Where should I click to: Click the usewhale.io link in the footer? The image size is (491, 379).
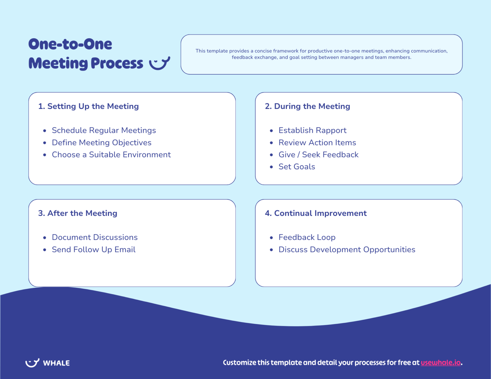click(440, 362)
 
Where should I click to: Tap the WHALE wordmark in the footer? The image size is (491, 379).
click(56, 363)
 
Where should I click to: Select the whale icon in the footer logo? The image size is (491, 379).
click(32, 362)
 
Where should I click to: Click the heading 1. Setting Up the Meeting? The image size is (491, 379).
click(89, 106)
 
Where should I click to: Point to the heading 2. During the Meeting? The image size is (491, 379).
click(308, 106)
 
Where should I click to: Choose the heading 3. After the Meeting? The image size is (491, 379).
click(78, 213)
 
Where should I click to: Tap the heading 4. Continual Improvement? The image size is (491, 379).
click(316, 213)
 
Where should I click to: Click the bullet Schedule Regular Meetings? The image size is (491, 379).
click(104, 130)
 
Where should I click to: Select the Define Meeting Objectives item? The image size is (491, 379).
click(102, 142)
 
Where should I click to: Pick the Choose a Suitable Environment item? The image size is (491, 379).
click(111, 155)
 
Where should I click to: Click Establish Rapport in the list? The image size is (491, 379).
click(312, 130)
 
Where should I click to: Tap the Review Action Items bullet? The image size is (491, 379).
click(317, 142)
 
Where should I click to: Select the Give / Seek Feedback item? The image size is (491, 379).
click(318, 155)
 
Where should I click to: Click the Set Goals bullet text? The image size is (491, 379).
click(297, 167)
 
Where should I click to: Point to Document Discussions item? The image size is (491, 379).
click(95, 237)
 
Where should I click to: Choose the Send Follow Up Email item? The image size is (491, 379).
click(94, 249)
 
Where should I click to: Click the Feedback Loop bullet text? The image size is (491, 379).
click(307, 237)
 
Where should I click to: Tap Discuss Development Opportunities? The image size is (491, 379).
click(347, 249)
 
